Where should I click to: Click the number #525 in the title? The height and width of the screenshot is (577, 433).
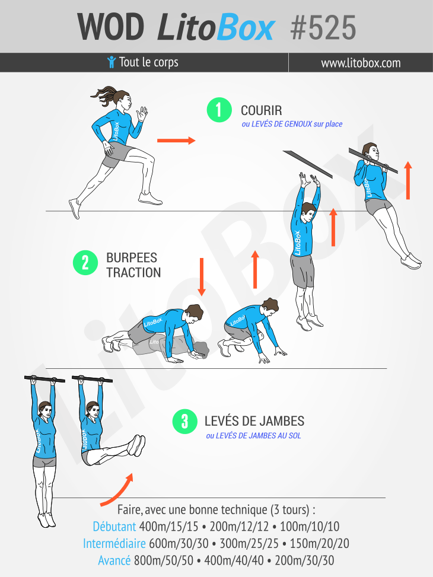click(x=323, y=28)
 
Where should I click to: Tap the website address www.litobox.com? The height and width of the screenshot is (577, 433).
click(x=361, y=63)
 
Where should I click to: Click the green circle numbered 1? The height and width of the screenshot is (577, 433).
click(x=219, y=110)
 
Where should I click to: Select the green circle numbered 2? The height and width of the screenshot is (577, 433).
click(x=85, y=263)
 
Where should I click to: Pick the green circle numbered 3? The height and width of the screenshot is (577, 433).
click(x=185, y=422)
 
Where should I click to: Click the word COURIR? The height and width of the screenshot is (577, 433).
click(x=262, y=110)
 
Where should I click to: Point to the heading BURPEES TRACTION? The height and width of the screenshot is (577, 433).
click(x=133, y=265)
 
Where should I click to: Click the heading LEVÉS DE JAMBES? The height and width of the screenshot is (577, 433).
click(x=254, y=421)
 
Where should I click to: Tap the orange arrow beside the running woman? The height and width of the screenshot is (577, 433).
click(x=176, y=140)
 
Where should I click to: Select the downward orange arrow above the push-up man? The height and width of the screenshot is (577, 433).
click(x=202, y=277)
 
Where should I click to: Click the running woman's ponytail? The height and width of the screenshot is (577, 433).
click(x=104, y=95)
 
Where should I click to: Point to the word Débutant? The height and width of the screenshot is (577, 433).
click(x=114, y=526)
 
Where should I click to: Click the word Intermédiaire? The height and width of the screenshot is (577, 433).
click(x=114, y=543)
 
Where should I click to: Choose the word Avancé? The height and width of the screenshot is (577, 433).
click(x=114, y=560)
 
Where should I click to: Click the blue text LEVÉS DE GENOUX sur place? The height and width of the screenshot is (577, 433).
click(x=292, y=124)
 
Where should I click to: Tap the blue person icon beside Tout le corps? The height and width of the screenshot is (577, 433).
click(x=111, y=62)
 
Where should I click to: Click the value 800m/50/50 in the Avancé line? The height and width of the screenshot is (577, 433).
click(x=164, y=560)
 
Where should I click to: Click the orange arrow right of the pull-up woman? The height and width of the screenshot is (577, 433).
click(x=407, y=180)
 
